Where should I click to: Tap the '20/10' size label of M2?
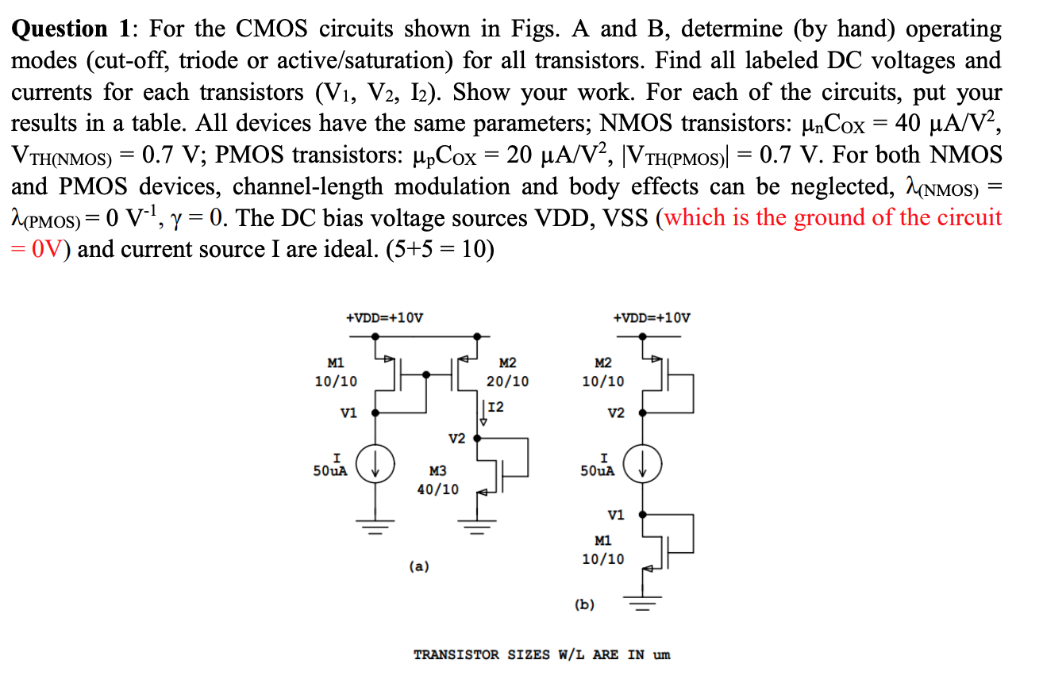(x=507, y=382)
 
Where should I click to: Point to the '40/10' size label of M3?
(x=437, y=489)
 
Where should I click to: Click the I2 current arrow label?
(x=496, y=408)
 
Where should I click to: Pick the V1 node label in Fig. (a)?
(x=348, y=413)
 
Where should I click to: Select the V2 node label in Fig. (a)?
(x=456, y=438)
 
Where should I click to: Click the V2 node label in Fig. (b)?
(x=616, y=413)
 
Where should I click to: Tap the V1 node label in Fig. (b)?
(x=616, y=515)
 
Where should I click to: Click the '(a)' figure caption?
(x=419, y=566)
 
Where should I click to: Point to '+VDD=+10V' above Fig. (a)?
(x=385, y=318)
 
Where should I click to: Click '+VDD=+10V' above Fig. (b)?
(x=652, y=318)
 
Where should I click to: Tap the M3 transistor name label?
(x=437, y=471)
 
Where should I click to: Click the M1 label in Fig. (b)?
(x=603, y=540)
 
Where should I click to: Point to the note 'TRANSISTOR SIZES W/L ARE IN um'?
(x=542, y=655)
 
